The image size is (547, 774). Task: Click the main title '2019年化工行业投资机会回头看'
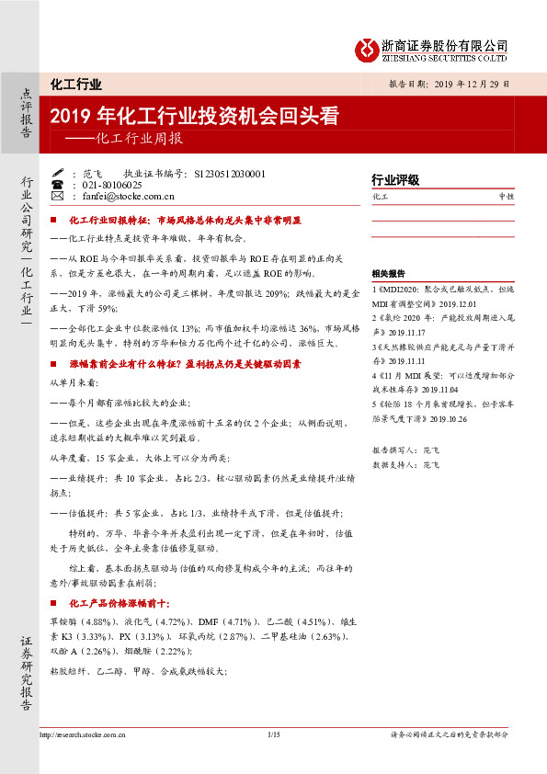(195, 118)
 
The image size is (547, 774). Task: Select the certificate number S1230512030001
(225, 173)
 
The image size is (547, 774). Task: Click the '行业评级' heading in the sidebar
(395, 179)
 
